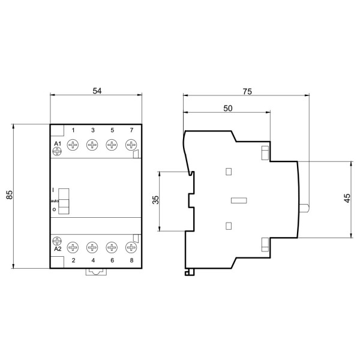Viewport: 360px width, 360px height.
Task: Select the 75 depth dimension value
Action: [246, 91]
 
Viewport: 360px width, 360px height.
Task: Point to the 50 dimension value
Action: [227, 109]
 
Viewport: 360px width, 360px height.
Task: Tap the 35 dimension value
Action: [155, 200]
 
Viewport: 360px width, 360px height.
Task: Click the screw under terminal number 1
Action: [73, 145]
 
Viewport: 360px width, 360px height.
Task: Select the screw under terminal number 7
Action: [131, 145]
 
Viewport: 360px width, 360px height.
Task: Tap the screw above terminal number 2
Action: [73, 247]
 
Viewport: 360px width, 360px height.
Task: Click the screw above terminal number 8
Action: [131, 247]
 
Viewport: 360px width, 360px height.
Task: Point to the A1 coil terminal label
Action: [58, 144]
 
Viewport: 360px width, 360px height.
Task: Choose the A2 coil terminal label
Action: [58, 248]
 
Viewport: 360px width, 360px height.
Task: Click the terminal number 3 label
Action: [92, 131]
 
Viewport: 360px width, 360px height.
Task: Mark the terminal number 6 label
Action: [112, 261]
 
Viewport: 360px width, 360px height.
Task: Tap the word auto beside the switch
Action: [55, 200]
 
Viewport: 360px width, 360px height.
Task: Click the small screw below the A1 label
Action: [58, 152]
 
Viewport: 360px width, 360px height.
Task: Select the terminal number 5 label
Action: [112, 131]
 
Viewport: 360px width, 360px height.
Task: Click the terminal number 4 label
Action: [92, 261]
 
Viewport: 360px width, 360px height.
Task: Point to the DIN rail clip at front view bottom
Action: [95, 273]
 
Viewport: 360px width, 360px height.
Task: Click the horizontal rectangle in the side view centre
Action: [239, 200]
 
